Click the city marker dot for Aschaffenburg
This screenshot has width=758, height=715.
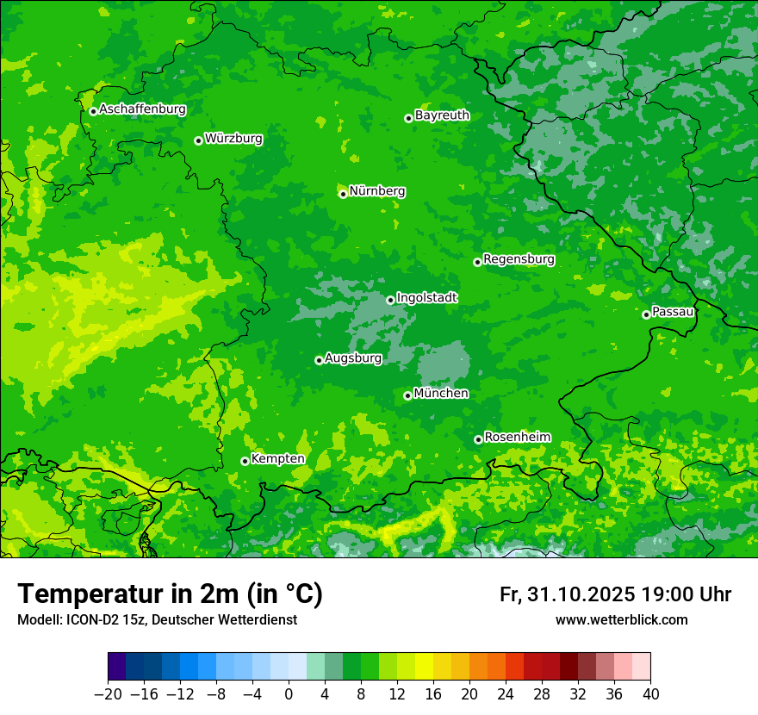tap(93, 111)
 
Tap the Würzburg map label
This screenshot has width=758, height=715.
tap(233, 139)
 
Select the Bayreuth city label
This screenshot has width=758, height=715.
tap(442, 115)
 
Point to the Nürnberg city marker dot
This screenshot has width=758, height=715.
tap(343, 194)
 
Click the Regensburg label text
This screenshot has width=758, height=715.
tap(519, 259)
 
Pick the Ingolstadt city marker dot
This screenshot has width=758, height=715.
tap(390, 301)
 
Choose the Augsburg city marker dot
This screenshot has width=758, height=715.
tap(319, 360)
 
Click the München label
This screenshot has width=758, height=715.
tap(441, 394)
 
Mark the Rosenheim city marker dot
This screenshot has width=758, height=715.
tap(478, 439)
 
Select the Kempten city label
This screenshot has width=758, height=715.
tap(277, 459)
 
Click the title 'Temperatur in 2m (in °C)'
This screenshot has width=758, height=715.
tap(170, 594)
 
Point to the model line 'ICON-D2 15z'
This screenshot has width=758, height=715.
tap(157, 620)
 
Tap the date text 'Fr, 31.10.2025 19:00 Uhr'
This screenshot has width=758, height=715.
tap(615, 594)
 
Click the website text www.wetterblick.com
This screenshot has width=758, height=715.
tap(621, 620)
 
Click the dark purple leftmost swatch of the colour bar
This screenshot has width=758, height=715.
tap(117, 667)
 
